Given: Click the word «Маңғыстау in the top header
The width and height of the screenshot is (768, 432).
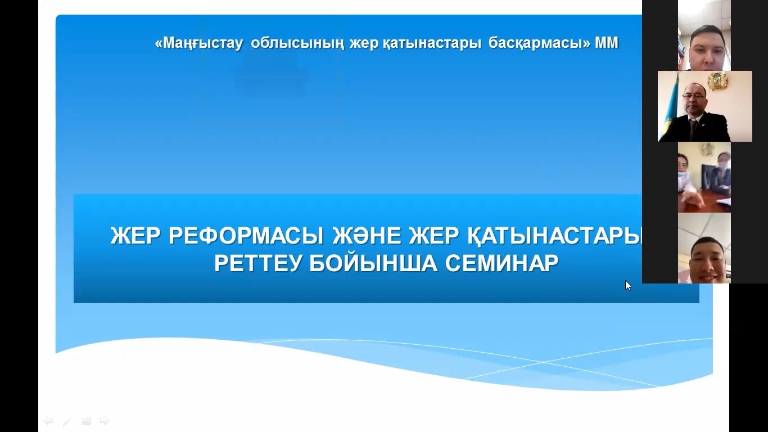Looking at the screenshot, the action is tap(199, 43).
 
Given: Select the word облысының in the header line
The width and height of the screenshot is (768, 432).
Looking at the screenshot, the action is tap(297, 43).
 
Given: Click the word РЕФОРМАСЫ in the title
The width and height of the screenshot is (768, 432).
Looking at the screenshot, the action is tap(246, 236).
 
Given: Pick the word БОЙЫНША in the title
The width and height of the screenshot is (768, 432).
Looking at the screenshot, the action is tap(373, 263).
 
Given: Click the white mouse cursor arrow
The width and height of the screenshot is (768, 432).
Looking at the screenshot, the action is tap(628, 286).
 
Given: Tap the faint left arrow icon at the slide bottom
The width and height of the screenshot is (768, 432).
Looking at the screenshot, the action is tap(48, 421).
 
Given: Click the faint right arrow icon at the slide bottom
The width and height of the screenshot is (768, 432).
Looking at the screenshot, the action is tap(105, 421).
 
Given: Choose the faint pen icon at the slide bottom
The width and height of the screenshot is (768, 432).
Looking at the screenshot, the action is tap(67, 421).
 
